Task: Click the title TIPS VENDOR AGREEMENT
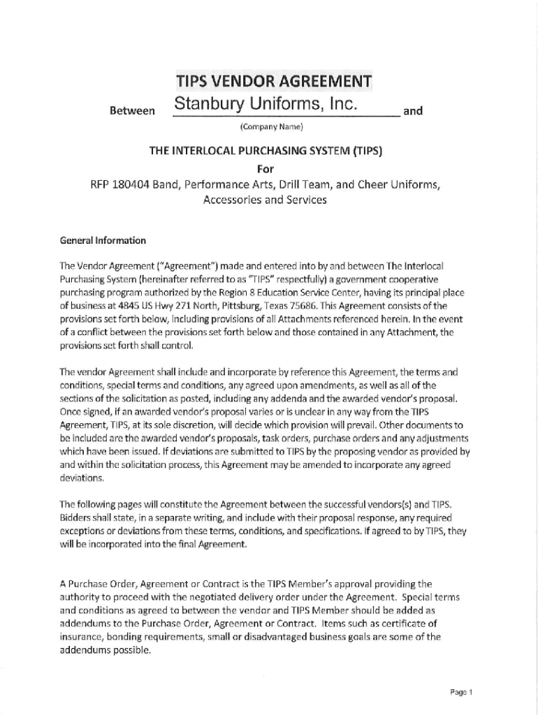(274, 81)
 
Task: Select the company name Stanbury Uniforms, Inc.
(266, 105)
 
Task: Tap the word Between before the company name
(133, 111)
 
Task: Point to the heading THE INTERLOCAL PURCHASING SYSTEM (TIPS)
(266, 151)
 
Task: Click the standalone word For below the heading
(266, 168)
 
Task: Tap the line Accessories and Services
(265, 200)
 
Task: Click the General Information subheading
(103, 241)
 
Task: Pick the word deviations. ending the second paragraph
(82, 478)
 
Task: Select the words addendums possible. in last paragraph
(105, 649)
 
